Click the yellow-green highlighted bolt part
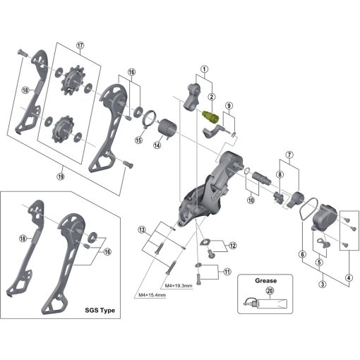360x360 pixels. (x=210, y=117)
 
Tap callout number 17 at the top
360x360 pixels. (x=80, y=45)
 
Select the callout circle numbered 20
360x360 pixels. (x=270, y=291)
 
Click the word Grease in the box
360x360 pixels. (x=266, y=281)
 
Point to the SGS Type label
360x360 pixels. (x=100, y=310)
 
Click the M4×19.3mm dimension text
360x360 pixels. (x=179, y=286)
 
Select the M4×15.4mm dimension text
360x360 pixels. (x=152, y=295)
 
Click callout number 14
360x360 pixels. (x=157, y=145)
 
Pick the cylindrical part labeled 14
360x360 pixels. (x=167, y=128)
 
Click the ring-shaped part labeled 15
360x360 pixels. (x=149, y=119)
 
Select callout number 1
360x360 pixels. (x=204, y=69)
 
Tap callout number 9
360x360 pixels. (x=229, y=106)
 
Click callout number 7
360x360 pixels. (x=289, y=155)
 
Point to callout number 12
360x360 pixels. (x=233, y=246)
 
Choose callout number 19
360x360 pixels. (x=61, y=176)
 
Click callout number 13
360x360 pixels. (x=142, y=229)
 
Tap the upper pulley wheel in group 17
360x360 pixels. (x=72, y=80)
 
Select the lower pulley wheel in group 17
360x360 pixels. (x=63, y=128)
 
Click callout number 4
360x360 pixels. (x=349, y=278)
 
